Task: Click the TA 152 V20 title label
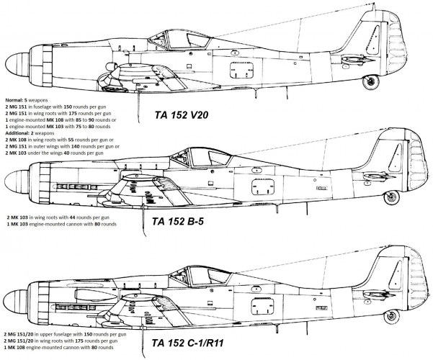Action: (181, 114)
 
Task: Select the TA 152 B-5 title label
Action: (177, 221)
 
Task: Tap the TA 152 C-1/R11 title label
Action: (187, 343)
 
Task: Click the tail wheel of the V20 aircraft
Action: (371, 82)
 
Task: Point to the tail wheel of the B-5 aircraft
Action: (392, 197)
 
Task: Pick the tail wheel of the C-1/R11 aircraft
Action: (392, 316)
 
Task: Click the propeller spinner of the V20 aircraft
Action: (17, 65)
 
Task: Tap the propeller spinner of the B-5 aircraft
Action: (17, 181)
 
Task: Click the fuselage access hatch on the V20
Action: (242, 70)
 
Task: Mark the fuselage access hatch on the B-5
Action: (263, 186)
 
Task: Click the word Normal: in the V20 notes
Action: (13, 100)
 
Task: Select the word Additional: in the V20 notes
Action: (15, 133)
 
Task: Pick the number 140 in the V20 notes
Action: (75, 146)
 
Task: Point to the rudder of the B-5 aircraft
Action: (418, 160)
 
